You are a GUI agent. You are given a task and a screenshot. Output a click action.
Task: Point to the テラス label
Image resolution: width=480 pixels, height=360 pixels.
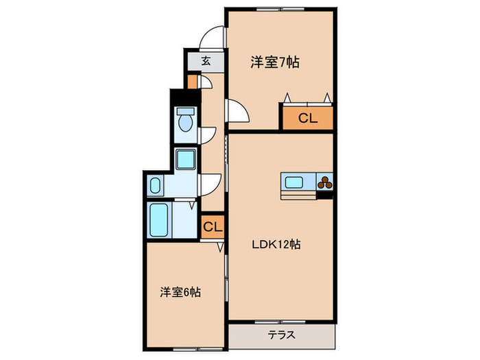pos(282,336)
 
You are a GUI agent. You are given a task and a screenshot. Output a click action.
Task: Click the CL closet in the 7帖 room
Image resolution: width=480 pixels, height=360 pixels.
pos(307,118)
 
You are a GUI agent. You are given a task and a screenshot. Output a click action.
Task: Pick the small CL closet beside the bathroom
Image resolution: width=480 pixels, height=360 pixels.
pos(213,226)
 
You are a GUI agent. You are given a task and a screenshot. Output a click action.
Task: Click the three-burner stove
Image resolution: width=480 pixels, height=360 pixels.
pos(324,183)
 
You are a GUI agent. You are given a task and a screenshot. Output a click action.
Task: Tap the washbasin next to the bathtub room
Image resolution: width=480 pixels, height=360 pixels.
pos(155,185)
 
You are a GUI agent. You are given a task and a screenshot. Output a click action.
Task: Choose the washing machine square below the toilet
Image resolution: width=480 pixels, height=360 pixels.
pos(184,160)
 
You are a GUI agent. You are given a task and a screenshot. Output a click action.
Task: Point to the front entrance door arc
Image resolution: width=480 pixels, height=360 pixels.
pos(215,38)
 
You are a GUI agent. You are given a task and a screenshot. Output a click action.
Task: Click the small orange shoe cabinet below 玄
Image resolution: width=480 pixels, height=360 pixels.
pos(193,83)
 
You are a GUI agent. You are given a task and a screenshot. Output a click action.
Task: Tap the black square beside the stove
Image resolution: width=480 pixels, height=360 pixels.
pos(325,197)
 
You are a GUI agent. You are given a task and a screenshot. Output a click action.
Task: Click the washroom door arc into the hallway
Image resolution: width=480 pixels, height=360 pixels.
pos(210,183)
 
